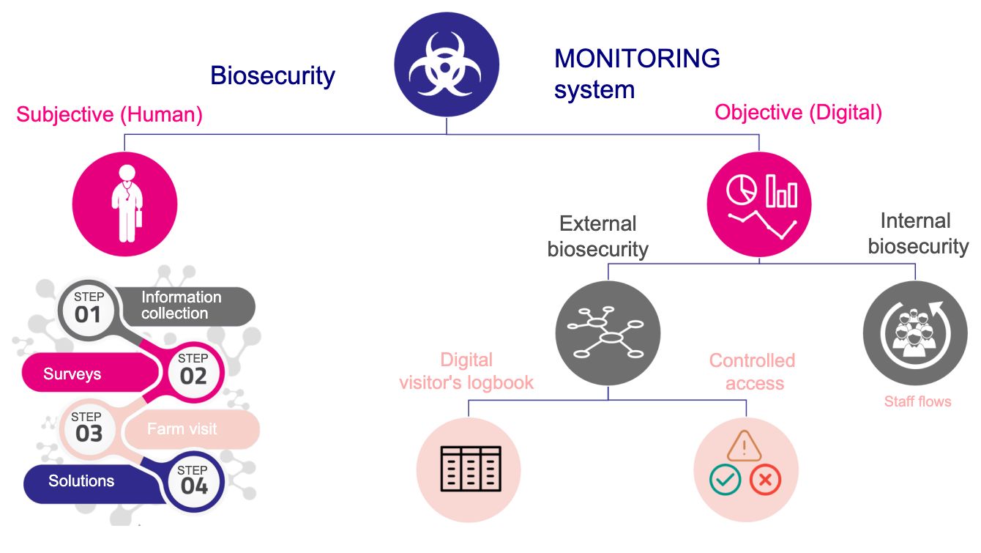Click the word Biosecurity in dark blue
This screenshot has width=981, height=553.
[272, 75]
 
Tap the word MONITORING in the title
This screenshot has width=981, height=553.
[637, 58]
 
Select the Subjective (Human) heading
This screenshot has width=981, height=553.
[109, 114]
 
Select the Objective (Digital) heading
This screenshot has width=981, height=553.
[798, 112]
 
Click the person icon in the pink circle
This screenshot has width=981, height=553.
[125, 204]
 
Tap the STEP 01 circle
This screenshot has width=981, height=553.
[89, 308]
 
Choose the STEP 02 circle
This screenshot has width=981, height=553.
[193, 370]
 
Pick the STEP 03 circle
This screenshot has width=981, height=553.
[89, 428]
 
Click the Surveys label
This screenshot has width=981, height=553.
[72, 374]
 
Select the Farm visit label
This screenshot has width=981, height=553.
[182, 428]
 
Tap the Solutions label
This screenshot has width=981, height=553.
[81, 481]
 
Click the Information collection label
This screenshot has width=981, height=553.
[180, 305]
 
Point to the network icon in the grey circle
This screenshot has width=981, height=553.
[608, 333]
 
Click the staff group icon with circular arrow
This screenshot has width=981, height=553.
[915, 333]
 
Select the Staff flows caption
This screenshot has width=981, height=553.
[917, 401]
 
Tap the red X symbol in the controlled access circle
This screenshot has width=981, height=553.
[765, 480]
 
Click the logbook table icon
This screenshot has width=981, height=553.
[469, 469]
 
